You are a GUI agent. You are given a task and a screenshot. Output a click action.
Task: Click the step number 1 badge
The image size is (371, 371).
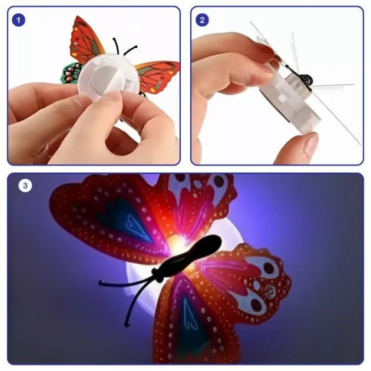[18, 20]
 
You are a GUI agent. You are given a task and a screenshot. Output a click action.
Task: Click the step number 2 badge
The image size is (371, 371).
[202, 20]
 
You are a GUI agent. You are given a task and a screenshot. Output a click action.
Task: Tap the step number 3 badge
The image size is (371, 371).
[25, 185]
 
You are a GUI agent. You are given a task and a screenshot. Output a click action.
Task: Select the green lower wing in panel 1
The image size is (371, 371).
[71, 72]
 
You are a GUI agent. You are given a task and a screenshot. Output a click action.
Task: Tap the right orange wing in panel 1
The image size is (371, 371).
[157, 76]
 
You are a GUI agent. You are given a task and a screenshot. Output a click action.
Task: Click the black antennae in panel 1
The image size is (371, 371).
[124, 47]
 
